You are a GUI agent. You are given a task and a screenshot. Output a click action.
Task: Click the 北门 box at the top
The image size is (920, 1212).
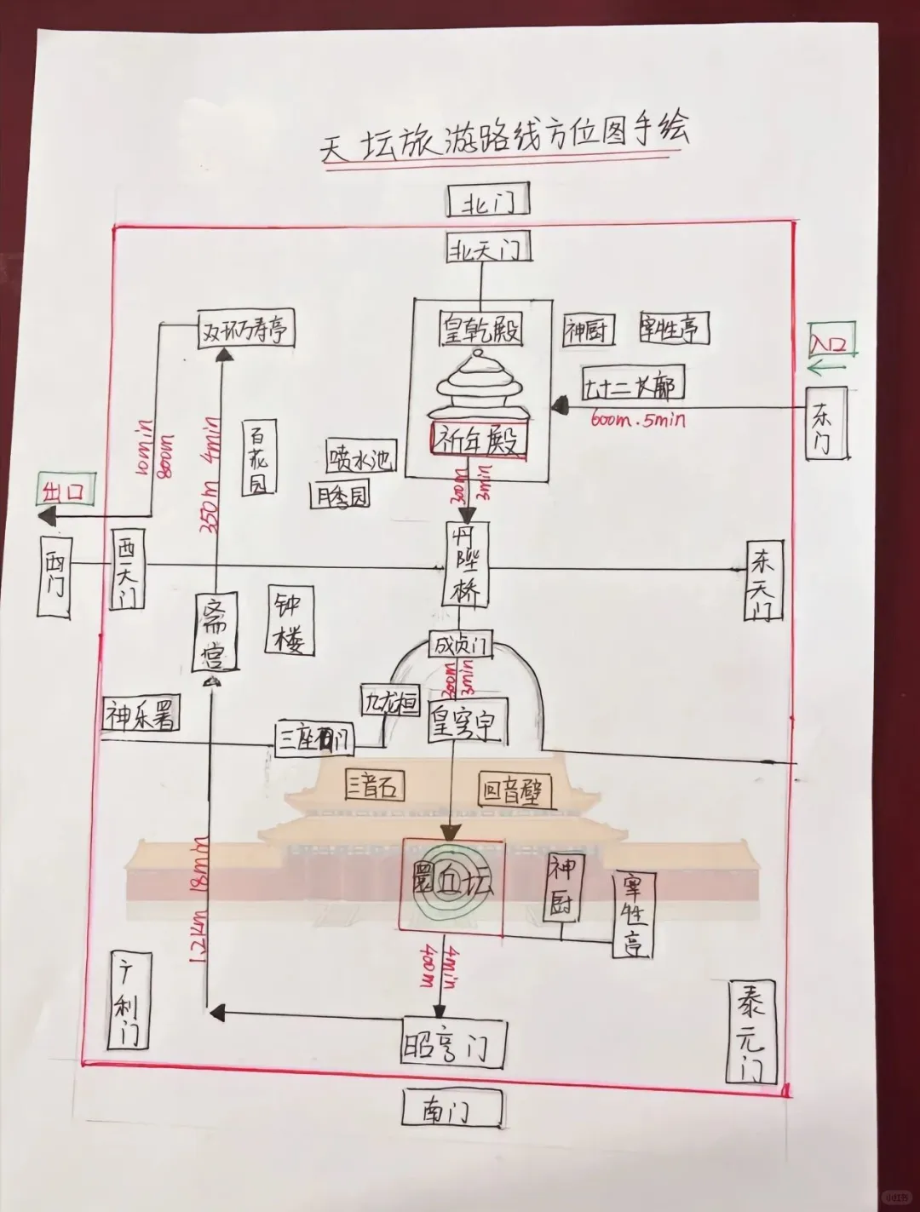[x=488, y=202]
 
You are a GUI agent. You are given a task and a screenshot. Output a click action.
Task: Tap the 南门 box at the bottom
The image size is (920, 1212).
[x=451, y=1110]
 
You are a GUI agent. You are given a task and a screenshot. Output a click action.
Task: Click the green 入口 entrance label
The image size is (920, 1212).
[x=831, y=342]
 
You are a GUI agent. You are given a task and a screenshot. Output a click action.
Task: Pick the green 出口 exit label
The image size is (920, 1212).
[x=64, y=491]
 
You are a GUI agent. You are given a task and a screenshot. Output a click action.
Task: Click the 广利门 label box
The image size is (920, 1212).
[x=129, y=998]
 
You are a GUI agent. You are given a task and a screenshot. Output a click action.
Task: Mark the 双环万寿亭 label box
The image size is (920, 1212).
[x=246, y=329]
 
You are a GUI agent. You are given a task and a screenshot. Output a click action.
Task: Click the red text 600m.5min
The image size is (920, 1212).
[x=637, y=418]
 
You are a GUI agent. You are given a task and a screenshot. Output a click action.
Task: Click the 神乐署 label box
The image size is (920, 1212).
[x=141, y=715]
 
